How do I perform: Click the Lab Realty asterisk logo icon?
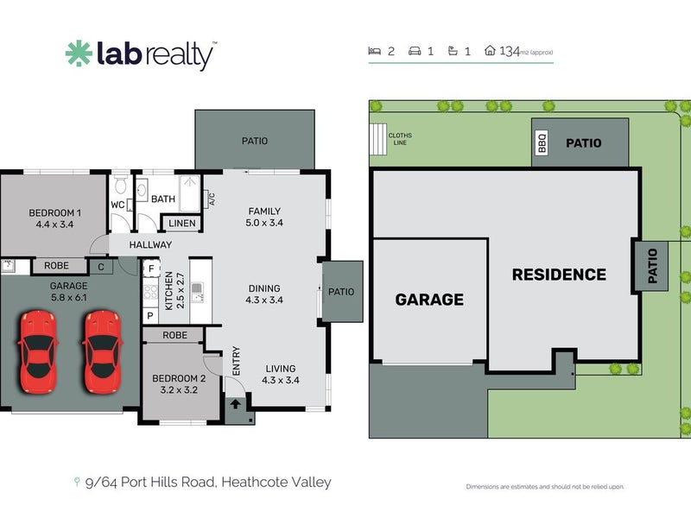tap(79, 54)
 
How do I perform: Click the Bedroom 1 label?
tap(55, 218)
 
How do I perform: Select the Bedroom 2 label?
tap(179, 383)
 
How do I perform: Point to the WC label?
tap(118, 205)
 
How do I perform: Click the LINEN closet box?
tap(181, 224)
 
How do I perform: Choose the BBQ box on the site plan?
tap(542, 142)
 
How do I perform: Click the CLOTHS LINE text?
tap(400, 139)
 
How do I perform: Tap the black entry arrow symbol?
tap(236, 404)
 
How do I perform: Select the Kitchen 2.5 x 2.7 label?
tap(174, 292)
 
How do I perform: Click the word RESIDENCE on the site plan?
tap(559, 275)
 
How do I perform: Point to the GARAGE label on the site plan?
tap(429, 300)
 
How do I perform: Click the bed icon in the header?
tap(375, 52)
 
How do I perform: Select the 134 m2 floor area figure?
tap(510, 52)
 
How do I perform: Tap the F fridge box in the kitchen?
tap(150, 268)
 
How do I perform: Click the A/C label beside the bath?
tap(211, 199)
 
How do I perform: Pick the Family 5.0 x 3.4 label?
tap(265, 216)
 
